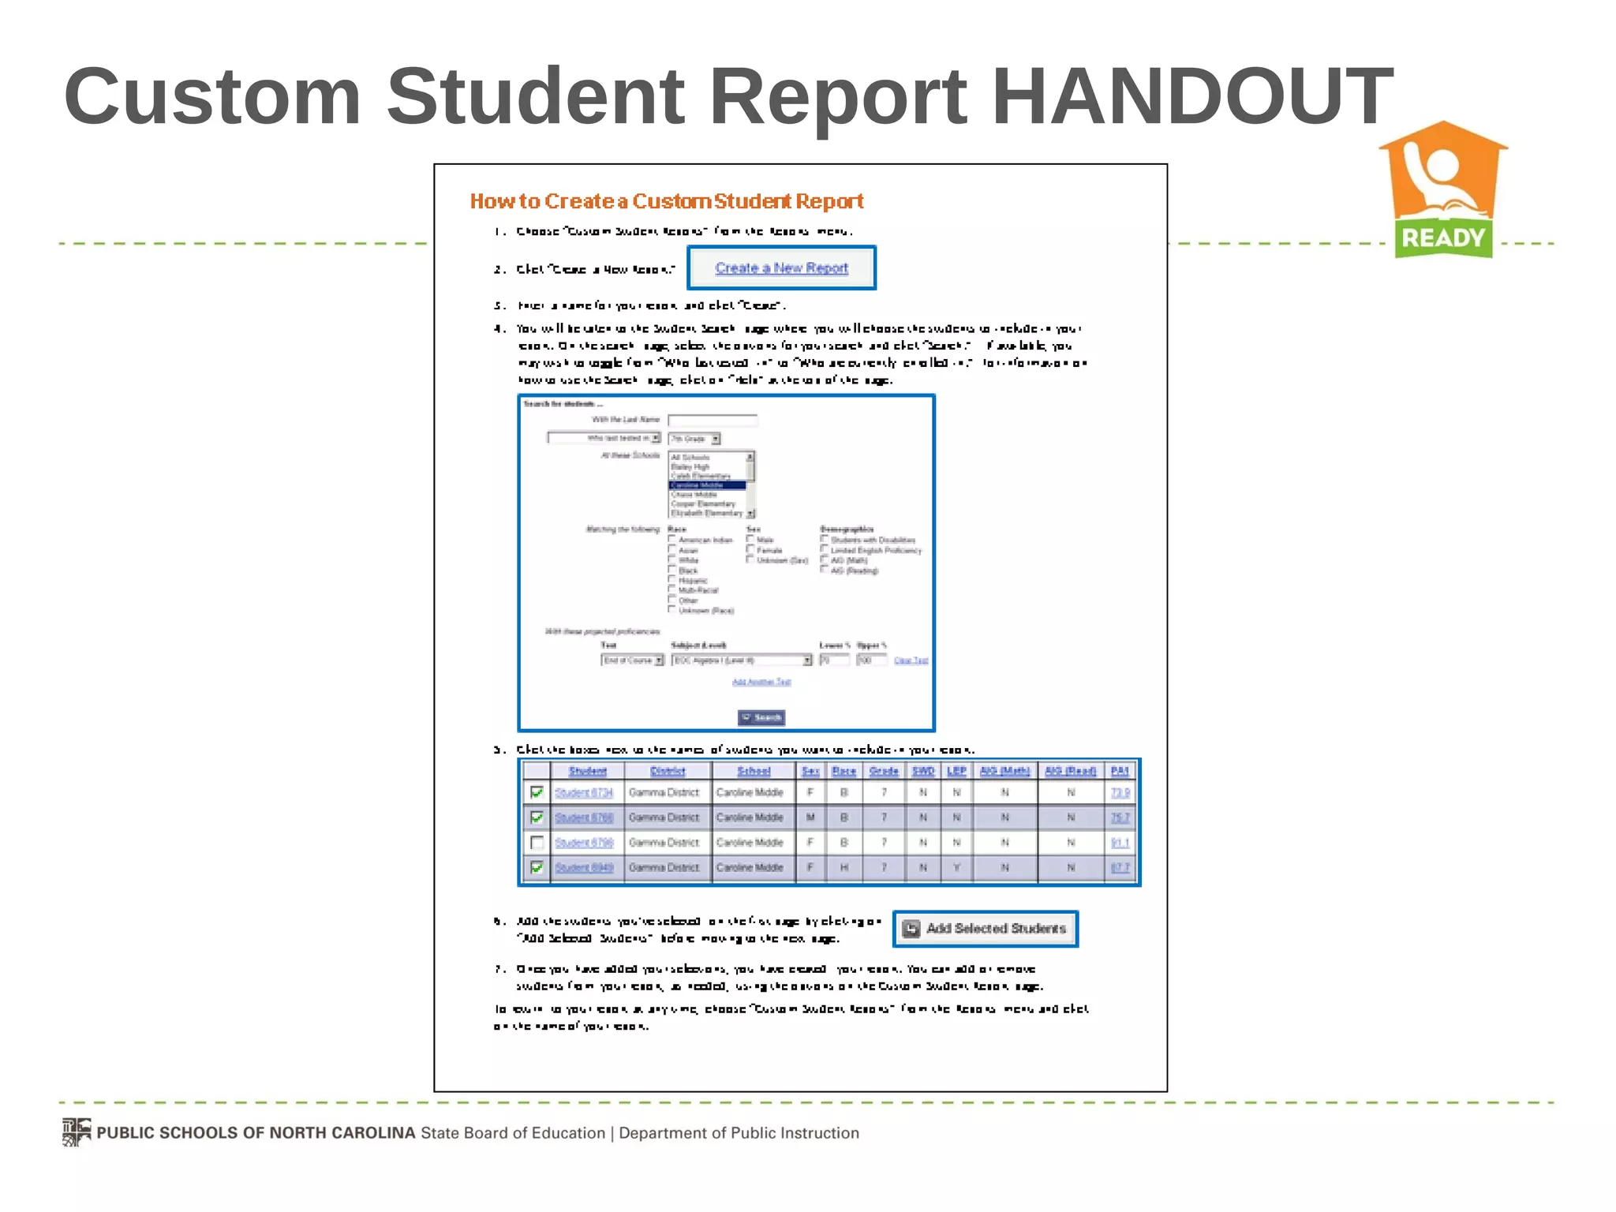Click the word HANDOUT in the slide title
pyautogui.click(x=1191, y=96)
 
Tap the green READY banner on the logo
pyautogui.click(x=1443, y=238)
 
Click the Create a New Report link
pyautogui.click(x=781, y=268)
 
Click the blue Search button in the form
pyautogui.click(x=761, y=717)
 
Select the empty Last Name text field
pyautogui.click(x=713, y=420)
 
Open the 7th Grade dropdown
pyautogui.click(x=694, y=439)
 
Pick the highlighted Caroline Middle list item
pyautogui.click(x=707, y=485)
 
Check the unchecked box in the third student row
pyautogui.click(x=537, y=842)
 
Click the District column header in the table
pyautogui.click(x=668, y=771)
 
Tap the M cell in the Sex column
pyautogui.click(x=810, y=817)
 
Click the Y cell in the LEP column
pyautogui.click(x=956, y=867)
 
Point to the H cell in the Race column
pyautogui.click(x=844, y=867)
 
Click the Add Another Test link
pyautogui.click(x=761, y=682)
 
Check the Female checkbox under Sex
pyautogui.click(x=750, y=549)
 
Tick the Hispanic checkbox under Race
pyautogui.click(x=672, y=579)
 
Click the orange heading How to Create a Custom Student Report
pyautogui.click(x=667, y=201)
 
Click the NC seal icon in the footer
pyautogui.click(x=77, y=1132)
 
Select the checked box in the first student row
pyautogui.click(x=537, y=792)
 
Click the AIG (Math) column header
pyautogui.click(x=1004, y=771)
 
